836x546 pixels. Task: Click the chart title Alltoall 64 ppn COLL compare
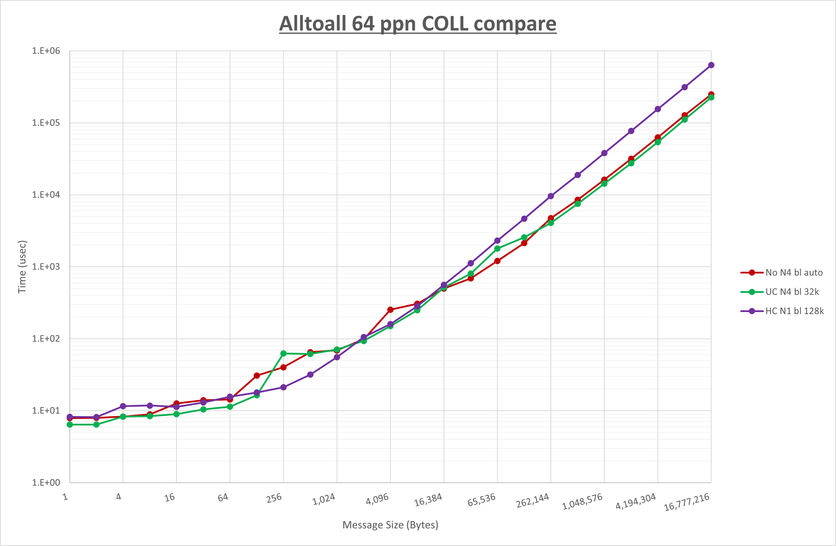pyautogui.click(x=418, y=24)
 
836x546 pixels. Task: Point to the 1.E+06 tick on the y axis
pyautogui.click(x=46, y=51)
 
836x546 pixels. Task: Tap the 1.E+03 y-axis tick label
pyautogui.click(x=46, y=267)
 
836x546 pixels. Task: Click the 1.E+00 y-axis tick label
pyautogui.click(x=46, y=482)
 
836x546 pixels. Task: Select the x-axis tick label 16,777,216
pyautogui.click(x=687, y=502)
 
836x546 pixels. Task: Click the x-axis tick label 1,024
pyautogui.click(x=324, y=499)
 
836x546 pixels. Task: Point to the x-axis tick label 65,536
pyautogui.click(x=482, y=500)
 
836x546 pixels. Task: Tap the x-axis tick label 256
pyautogui.click(x=274, y=498)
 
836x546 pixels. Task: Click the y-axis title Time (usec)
pyautogui.click(x=22, y=267)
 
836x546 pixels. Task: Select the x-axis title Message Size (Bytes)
pyautogui.click(x=390, y=525)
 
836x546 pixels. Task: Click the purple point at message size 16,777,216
pyautogui.click(x=711, y=65)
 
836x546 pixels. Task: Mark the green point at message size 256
pyautogui.click(x=284, y=353)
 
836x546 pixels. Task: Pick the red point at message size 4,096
pyautogui.click(x=390, y=310)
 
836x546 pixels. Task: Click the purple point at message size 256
pyautogui.click(x=284, y=387)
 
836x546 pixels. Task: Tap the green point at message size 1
pyautogui.click(x=70, y=424)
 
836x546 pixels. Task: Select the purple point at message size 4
pyautogui.click(x=123, y=406)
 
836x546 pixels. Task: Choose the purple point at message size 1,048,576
pyautogui.click(x=604, y=153)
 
